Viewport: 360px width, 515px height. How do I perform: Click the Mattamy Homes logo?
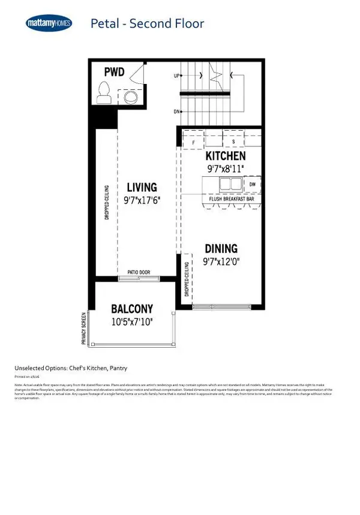(x=49, y=23)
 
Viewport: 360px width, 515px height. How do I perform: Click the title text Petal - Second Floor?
(x=147, y=24)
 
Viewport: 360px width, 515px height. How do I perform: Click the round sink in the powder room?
(x=131, y=97)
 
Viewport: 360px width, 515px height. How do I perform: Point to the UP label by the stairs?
(x=177, y=77)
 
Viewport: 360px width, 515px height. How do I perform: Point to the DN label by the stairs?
(x=177, y=112)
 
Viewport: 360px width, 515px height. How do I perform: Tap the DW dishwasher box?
(x=253, y=184)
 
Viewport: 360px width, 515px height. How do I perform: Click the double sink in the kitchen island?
(x=230, y=183)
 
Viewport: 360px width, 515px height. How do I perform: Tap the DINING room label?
(x=221, y=248)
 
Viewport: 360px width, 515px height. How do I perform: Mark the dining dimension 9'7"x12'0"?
(x=221, y=261)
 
